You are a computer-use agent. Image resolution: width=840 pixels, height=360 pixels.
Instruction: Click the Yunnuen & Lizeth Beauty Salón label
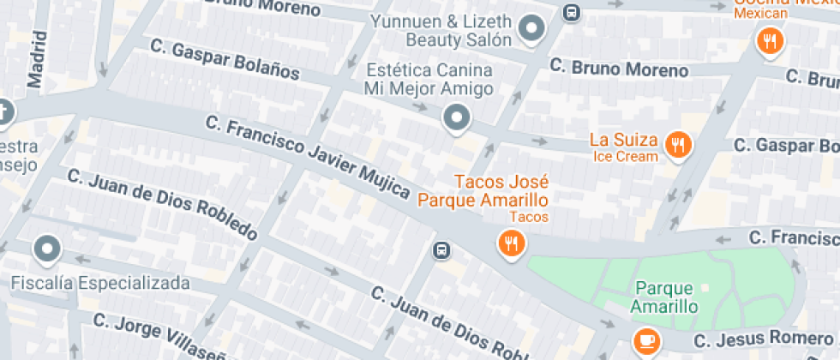tap(442, 30)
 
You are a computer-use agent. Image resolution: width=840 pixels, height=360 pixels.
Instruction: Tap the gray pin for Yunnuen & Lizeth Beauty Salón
tap(533, 30)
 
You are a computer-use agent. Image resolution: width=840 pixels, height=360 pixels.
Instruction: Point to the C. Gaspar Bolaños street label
tap(224, 58)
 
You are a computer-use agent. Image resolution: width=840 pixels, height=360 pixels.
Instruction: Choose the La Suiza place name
tap(624, 140)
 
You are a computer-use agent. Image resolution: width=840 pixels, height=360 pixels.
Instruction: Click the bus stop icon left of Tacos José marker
tap(441, 250)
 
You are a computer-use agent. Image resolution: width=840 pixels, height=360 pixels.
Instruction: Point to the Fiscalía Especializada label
tap(99, 282)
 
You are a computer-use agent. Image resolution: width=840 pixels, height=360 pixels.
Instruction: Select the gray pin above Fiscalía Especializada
tap(46, 250)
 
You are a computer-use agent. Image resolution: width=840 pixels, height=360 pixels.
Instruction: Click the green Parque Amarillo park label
tap(664, 297)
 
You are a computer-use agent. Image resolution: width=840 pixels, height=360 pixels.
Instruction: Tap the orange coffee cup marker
tap(645, 340)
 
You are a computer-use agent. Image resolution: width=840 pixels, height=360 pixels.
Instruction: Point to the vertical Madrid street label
tap(35, 60)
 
